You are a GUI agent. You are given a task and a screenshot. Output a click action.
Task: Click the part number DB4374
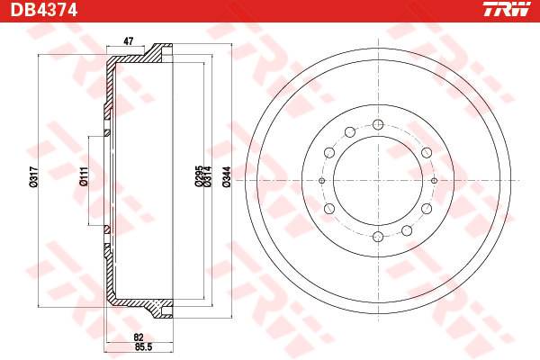(x=44, y=10)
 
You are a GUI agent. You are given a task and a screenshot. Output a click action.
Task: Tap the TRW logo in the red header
(x=506, y=9)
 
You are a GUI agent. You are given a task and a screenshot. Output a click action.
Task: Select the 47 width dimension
(x=128, y=41)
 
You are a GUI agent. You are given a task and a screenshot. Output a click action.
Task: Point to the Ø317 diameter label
(x=33, y=176)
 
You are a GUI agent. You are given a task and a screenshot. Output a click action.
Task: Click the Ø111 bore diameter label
(x=84, y=176)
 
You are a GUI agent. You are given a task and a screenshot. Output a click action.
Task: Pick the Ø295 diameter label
(x=198, y=176)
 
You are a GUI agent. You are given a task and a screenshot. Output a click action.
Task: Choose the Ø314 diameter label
(x=207, y=176)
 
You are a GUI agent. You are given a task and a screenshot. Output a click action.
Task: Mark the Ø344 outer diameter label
(x=226, y=176)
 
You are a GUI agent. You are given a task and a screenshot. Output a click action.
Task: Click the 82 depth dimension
(x=139, y=337)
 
